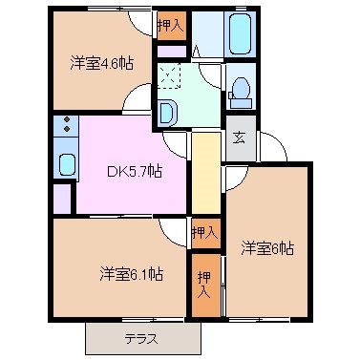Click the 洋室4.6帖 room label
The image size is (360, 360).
[x=99, y=65]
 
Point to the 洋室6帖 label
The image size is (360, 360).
[x=266, y=249]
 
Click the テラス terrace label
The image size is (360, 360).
[x=140, y=338]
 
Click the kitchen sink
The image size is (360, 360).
[x=66, y=162]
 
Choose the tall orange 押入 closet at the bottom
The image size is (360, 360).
[x=204, y=283]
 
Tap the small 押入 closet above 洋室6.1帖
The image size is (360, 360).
[x=203, y=231]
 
